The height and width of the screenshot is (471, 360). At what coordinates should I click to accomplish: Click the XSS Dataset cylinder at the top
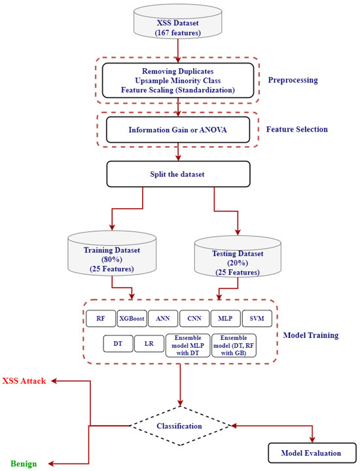click(x=177, y=21)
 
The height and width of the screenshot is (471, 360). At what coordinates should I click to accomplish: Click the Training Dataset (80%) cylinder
click(x=112, y=256)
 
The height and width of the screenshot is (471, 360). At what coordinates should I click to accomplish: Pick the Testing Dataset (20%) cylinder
click(x=236, y=259)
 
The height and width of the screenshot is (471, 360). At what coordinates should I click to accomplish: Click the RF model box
click(x=100, y=318)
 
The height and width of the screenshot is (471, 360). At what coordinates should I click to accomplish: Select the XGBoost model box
click(x=132, y=318)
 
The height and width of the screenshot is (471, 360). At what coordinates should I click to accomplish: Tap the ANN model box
click(x=163, y=318)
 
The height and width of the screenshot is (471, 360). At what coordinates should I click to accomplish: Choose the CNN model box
click(x=194, y=318)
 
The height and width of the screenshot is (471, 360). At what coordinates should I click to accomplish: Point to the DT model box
click(x=117, y=343)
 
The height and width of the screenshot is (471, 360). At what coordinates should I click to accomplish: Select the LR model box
click(x=149, y=343)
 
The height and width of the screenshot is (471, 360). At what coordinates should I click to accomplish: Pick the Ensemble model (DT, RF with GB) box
click(x=234, y=345)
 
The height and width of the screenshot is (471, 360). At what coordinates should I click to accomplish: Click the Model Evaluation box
click(x=311, y=453)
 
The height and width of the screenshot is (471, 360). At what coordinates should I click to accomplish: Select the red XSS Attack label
click(x=24, y=381)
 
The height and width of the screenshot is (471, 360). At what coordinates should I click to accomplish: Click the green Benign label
click(x=23, y=463)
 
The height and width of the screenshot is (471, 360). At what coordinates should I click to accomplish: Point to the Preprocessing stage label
click(x=293, y=80)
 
